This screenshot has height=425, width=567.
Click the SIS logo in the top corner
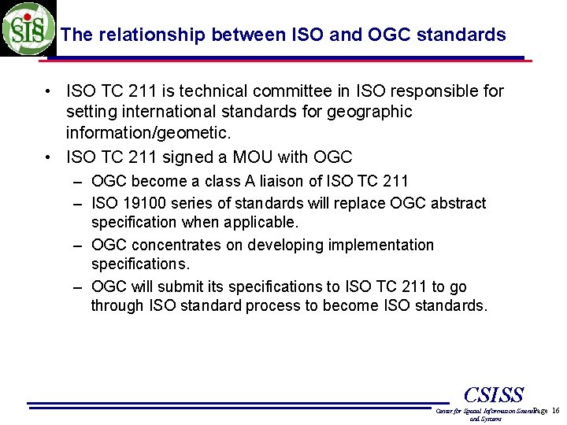(28, 28)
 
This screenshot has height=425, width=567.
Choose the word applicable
(265, 222)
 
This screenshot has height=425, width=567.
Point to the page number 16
(556, 411)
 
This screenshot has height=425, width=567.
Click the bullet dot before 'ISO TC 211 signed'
(50, 157)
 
